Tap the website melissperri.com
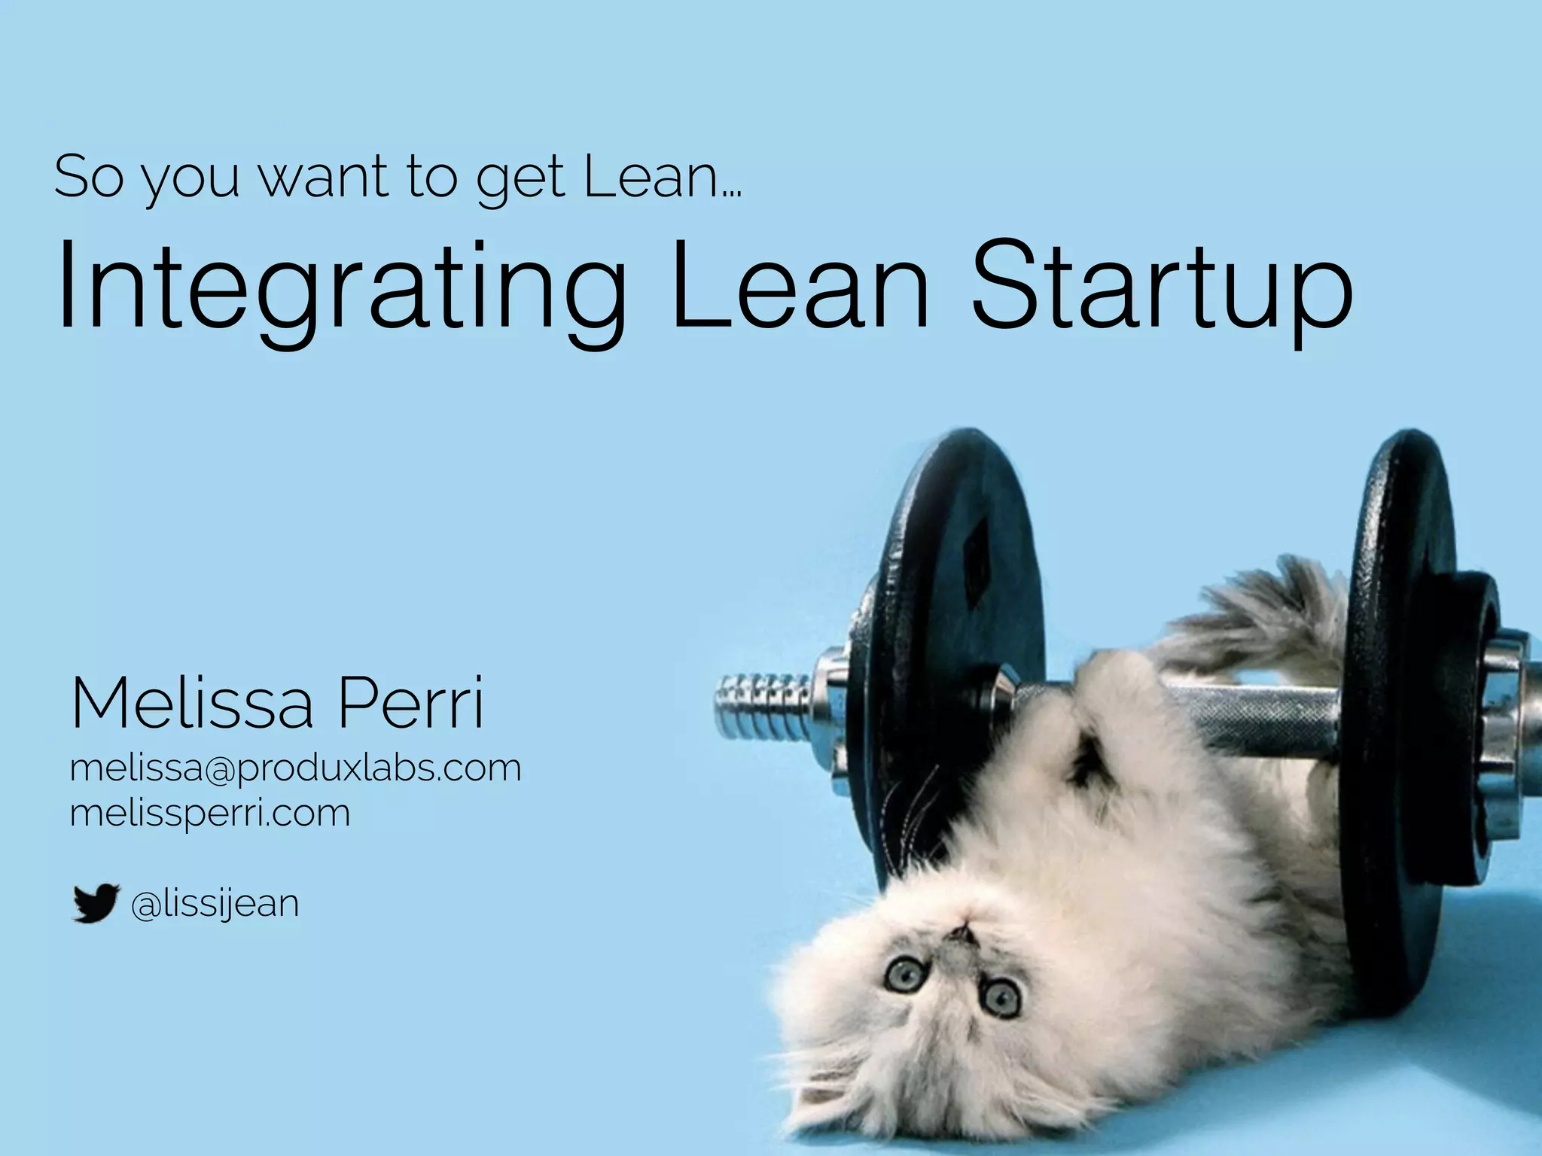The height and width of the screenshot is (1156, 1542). point(209,813)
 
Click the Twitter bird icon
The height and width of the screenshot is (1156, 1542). point(96,902)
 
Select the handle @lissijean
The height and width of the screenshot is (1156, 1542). point(215,904)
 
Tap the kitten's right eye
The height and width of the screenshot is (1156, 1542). point(1001,997)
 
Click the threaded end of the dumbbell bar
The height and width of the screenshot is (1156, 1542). point(760,707)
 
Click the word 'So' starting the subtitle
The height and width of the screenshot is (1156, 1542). point(88,178)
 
